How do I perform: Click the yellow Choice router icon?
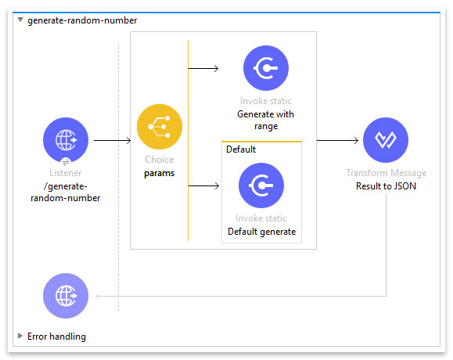point(160,127)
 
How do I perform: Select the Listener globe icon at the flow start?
point(66,140)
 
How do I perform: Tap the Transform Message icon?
point(386,140)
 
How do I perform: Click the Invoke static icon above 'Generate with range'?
point(266,68)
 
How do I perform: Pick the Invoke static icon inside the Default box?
point(261,185)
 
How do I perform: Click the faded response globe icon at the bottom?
point(66,296)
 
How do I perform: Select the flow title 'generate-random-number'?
point(82,20)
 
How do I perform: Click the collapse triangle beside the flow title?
point(20,20)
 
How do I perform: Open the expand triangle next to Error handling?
point(20,336)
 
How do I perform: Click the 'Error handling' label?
point(56,337)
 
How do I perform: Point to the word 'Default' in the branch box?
point(241,149)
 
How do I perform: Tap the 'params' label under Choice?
point(160,174)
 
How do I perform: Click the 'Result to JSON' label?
point(386,186)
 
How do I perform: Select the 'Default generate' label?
point(262,232)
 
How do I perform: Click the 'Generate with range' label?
point(265,121)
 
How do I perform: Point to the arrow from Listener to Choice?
point(113,140)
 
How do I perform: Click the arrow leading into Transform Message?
point(337,140)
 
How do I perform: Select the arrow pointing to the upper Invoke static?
point(203,68)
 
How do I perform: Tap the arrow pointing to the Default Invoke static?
point(203,185)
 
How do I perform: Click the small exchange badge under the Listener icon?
point(66,162)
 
